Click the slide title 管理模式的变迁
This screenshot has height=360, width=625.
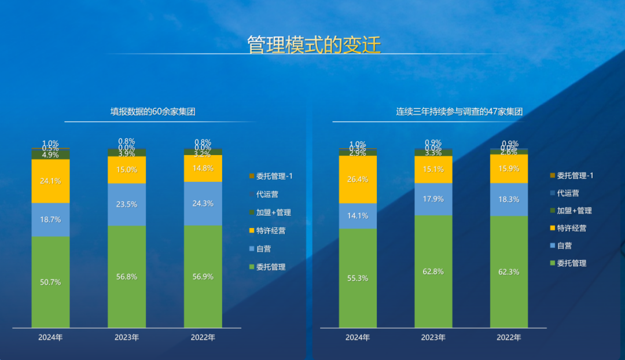(314, 45)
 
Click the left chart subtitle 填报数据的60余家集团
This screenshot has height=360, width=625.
(153, 112)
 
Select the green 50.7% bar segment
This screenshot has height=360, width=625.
(50, 282)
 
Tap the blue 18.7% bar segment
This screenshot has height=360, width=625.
(50, 220)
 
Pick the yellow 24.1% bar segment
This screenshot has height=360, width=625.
(50, 181)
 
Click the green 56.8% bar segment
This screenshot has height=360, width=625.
(127, 277)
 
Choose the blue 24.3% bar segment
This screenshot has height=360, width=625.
(203, 203)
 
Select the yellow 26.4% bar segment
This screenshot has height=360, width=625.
(358, 179)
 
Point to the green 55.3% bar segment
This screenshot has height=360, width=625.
(358, 278)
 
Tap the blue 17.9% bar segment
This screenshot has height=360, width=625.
(433, 199)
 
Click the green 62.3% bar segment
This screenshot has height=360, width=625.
(509, 272)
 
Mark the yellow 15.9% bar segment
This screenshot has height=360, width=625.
(509, 169)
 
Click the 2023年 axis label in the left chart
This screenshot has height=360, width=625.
(127, 337)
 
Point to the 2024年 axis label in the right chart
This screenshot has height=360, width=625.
(358, 337)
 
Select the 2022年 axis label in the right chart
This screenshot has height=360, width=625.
(509, 337)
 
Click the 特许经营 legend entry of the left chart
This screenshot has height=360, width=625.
(271, 230)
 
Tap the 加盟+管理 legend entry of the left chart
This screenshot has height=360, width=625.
(273, 212)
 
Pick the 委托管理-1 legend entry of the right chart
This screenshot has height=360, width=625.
(575, 175)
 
